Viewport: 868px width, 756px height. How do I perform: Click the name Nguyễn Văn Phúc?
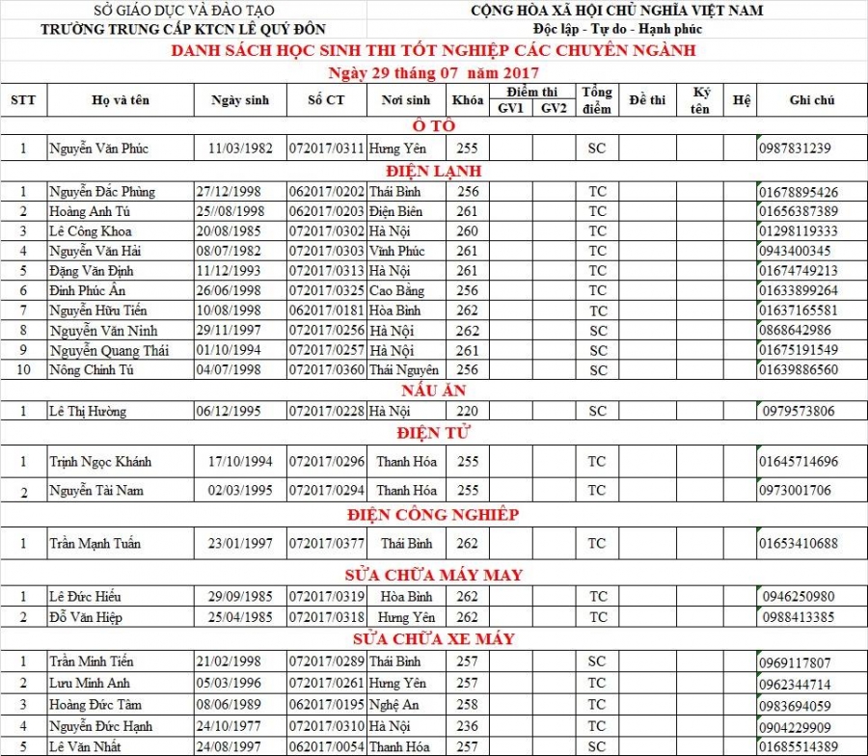pos(98,148)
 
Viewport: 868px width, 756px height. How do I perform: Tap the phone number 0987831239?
pos(795,148)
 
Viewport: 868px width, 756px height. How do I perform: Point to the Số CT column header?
pos(325,99)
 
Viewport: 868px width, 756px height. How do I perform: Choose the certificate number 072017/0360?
pos(327,370)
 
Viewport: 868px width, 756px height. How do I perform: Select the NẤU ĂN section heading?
pos(434,391)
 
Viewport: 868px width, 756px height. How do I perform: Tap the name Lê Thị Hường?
pos(88,412)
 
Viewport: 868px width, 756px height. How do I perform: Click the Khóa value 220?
pos(467,412)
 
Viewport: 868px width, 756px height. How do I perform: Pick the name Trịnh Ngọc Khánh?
pos(100,462)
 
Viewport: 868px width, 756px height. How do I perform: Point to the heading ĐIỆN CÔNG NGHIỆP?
pos(434,515)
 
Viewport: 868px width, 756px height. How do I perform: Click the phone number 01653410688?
pos(798,544)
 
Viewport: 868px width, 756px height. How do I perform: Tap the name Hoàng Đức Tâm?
pos(95,705)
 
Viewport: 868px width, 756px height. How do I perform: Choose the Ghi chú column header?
pos(811,99)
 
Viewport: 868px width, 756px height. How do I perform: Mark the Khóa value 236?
pos(467,726)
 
